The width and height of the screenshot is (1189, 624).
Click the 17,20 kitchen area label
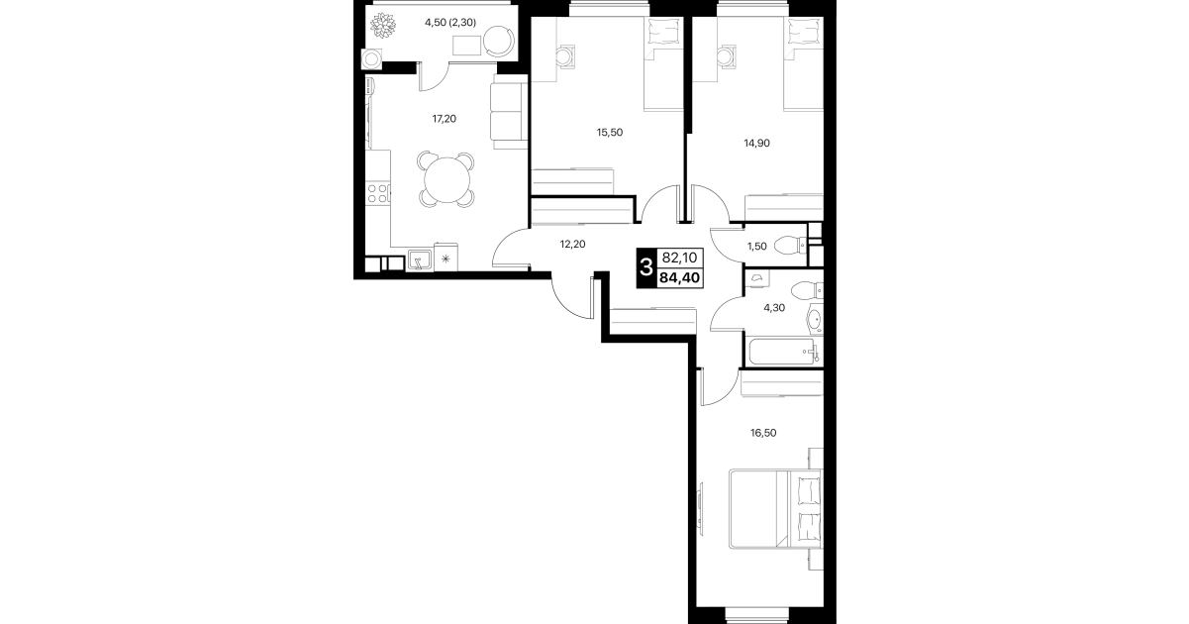[444, 119]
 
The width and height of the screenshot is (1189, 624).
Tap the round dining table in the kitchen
[446, 180]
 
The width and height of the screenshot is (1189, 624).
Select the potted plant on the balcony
[382, 25]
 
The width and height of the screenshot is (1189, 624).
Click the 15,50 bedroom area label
[610, 133]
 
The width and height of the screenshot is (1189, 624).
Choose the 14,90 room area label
[756, 143]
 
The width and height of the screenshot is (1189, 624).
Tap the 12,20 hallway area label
[573, 245]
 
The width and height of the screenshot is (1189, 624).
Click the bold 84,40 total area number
[680, 277]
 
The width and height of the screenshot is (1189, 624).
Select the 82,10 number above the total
[680, 259]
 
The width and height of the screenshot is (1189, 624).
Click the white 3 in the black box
[646, 267]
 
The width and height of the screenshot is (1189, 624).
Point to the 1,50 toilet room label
[757, 247]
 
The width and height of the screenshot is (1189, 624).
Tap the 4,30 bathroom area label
[774, 307]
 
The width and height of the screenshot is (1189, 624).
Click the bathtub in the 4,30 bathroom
[783, 352]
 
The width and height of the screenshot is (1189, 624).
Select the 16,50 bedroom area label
[763, 433]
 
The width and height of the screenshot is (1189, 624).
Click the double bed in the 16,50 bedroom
[775, 509]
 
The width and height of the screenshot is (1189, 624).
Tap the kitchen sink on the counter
[420, 260]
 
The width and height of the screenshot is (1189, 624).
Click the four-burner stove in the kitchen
[377, 194]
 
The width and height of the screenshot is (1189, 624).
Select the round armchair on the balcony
[499, 41]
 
